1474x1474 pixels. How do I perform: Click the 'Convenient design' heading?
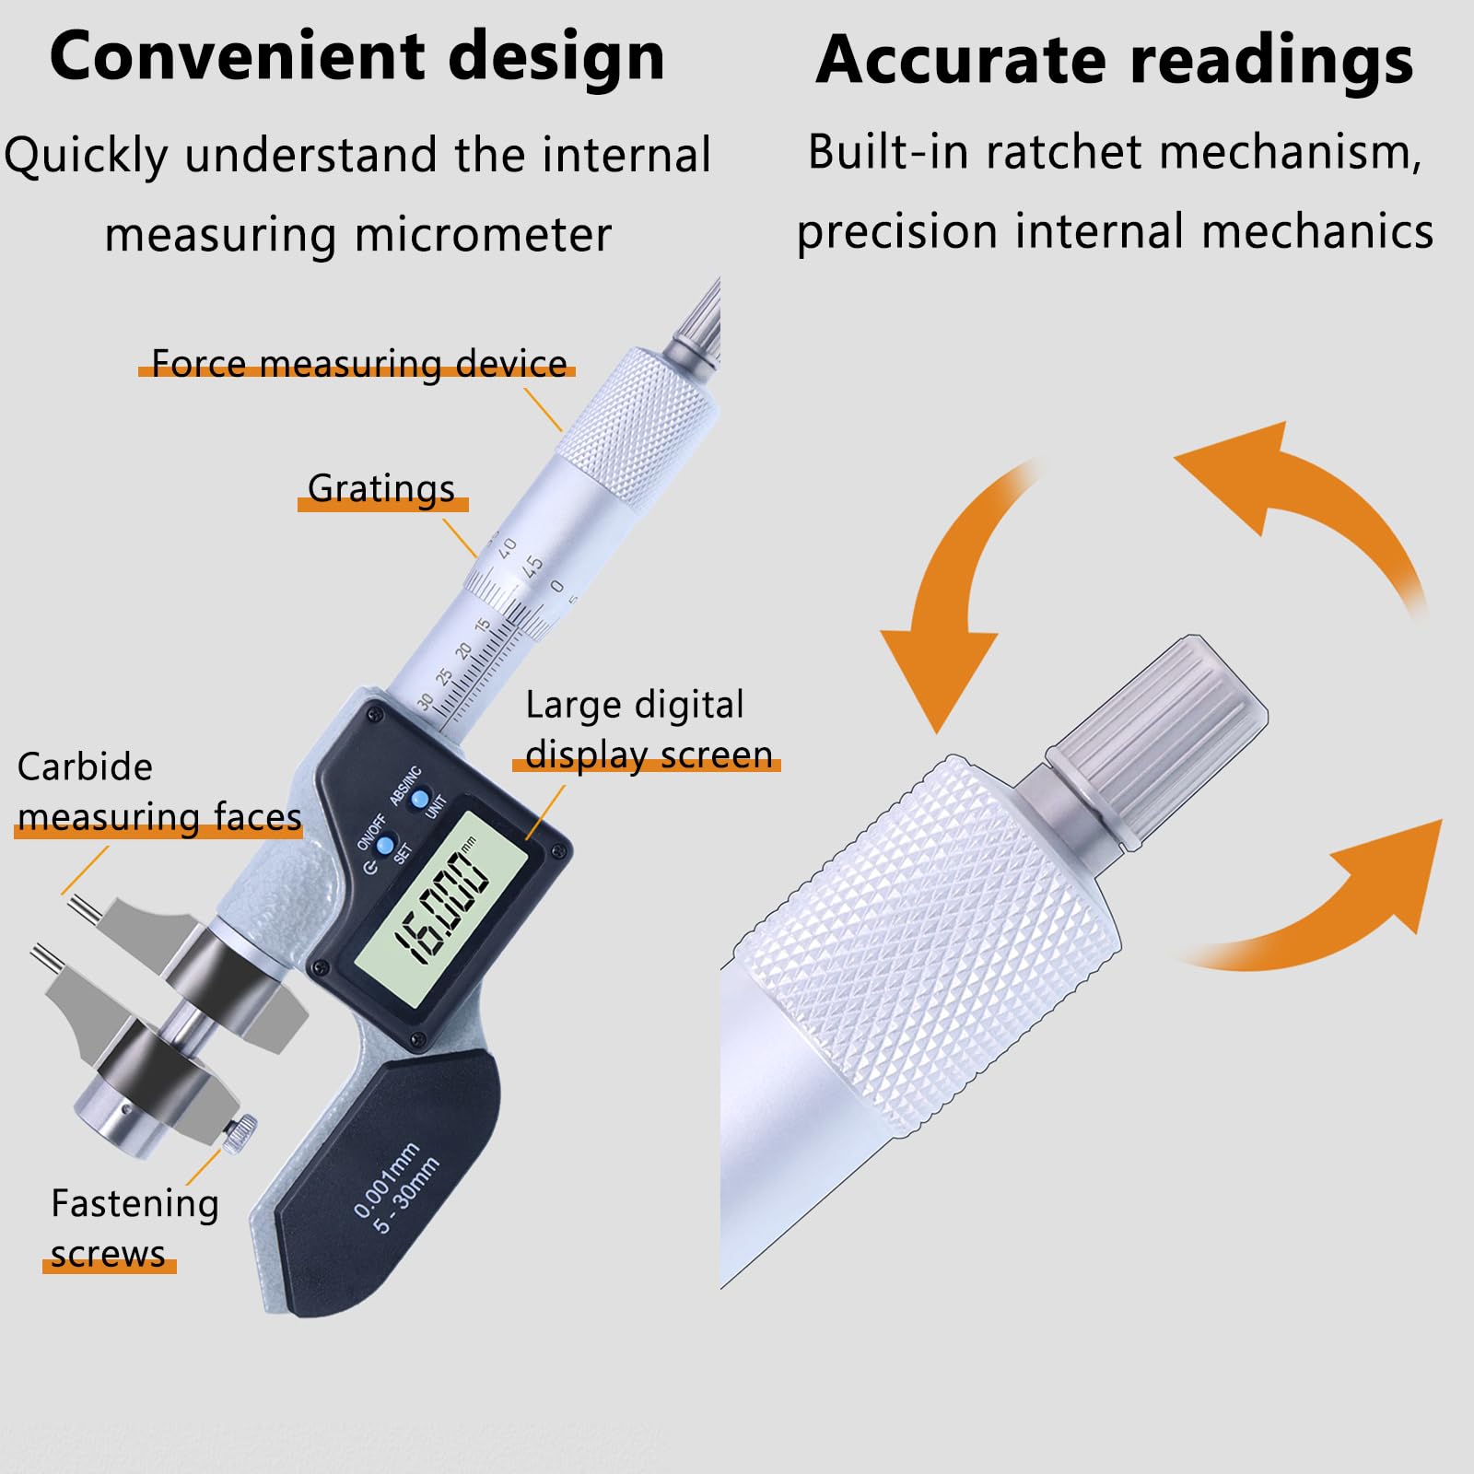[357, 57]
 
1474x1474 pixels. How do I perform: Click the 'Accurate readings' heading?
[1115, 61]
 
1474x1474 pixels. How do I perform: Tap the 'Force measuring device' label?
[358, 364]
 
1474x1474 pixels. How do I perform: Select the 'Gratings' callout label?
[381, 489]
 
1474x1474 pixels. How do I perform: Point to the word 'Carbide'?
[85, 767]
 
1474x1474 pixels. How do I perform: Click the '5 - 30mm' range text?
[406, 1195]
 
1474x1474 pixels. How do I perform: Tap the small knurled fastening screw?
[240, 1132]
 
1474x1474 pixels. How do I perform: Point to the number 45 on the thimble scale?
[532, 565]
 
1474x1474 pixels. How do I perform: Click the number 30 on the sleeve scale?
[425, 702]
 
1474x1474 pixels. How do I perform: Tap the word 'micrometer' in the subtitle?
[483, 235]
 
